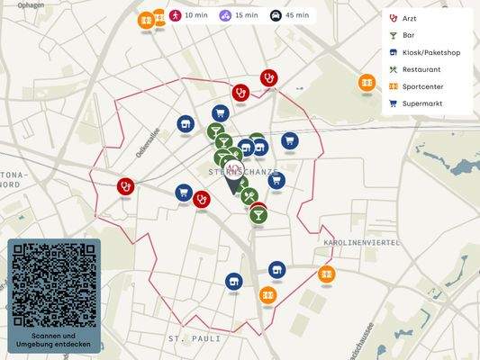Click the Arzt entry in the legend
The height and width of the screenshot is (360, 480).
(409, 18)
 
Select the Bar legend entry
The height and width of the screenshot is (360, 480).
(409, 35)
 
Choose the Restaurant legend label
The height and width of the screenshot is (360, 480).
(421, 69)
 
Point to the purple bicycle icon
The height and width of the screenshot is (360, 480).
(224, 15)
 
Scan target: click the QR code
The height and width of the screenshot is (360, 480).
(54, 283)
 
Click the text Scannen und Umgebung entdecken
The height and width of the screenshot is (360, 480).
(54, 339)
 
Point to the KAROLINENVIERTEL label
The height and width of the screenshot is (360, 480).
(359, 243)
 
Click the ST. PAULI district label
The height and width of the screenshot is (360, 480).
(194, 338)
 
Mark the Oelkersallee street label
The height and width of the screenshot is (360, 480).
(148, 142)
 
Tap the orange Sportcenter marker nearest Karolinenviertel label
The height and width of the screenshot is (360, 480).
(326, 274)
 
